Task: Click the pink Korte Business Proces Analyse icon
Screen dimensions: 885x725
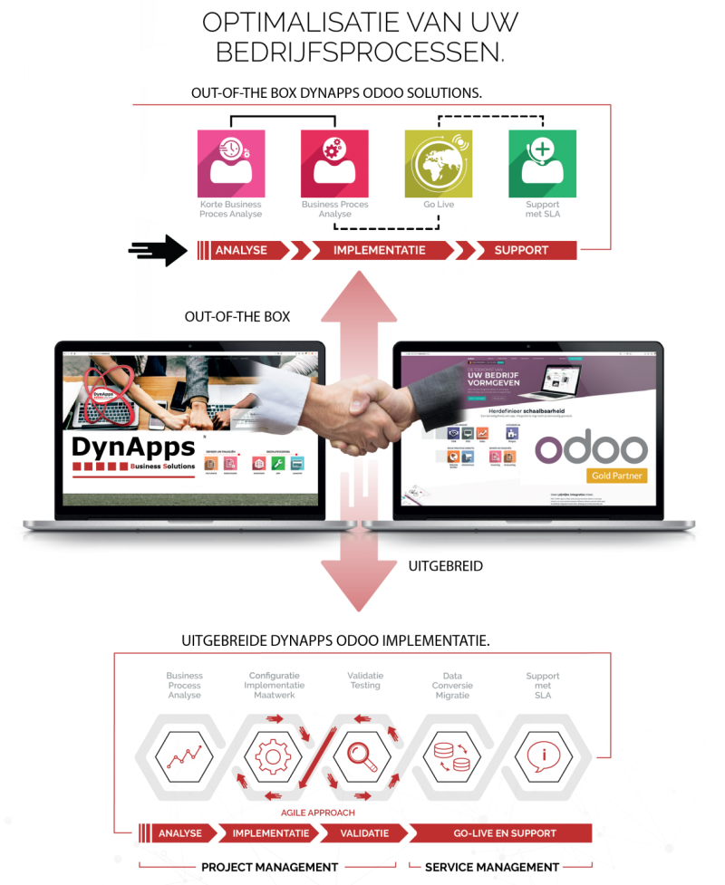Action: pos(231,164)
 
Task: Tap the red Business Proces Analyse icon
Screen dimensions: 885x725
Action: pos(334,164)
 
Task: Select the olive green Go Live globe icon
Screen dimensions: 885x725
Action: pos(438,164)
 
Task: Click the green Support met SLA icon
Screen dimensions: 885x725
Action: pos(542,164)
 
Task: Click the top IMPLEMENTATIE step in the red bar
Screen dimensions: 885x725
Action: pos(380,250)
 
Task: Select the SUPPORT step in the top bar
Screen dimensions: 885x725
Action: pos(521,250)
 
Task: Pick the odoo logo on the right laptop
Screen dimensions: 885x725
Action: pos(591,449)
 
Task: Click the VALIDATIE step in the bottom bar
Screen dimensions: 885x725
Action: pos(365,832)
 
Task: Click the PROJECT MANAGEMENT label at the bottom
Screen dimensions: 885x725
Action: pos(269,867)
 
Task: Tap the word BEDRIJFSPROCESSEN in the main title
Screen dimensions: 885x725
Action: pos(361,53)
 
